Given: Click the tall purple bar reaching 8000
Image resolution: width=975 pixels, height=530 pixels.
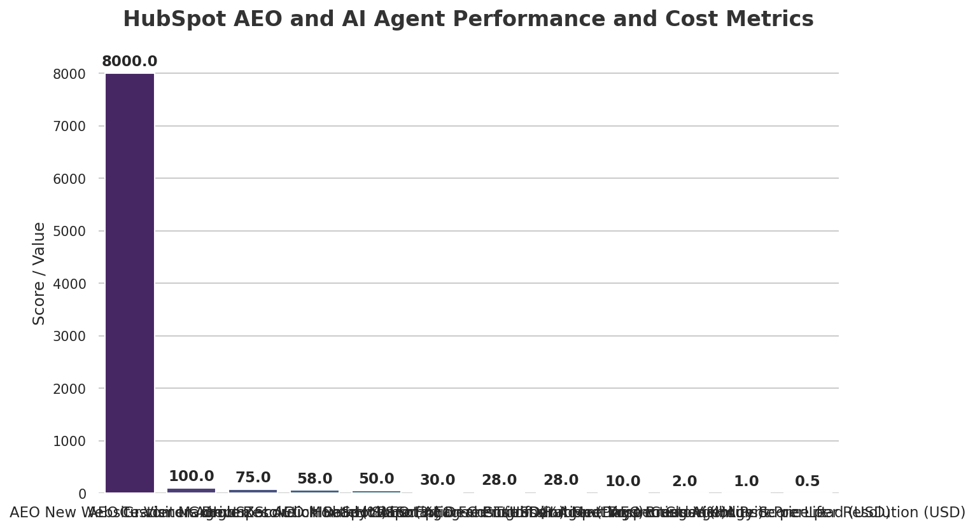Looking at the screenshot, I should point(130,283).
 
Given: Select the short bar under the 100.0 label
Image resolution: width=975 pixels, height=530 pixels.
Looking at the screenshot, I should point(191,490).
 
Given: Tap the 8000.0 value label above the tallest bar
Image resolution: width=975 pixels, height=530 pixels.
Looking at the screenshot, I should point(129,62).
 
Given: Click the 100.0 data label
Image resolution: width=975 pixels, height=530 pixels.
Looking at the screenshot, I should point(191,477).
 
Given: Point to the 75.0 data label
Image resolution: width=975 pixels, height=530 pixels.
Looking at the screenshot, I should point(253,478).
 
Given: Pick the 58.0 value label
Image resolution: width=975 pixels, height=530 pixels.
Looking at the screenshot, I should point(314,479).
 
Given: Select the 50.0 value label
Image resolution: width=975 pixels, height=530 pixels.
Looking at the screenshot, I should point(376,479).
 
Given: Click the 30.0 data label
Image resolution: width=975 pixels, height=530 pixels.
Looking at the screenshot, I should point(437,480).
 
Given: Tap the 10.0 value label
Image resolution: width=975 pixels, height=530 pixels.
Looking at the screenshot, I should point(622,482).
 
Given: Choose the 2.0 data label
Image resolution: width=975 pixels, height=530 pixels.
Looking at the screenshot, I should point(684,482).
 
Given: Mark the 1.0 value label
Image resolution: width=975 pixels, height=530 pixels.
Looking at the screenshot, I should point(746,482).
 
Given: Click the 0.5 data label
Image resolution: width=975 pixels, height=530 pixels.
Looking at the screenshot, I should point(807,482).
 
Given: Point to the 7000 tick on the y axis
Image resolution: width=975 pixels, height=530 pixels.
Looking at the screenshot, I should point(69,127).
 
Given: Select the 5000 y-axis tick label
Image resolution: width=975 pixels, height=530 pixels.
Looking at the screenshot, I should point(69,232).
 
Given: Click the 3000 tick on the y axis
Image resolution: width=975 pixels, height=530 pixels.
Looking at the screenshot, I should point(69,337).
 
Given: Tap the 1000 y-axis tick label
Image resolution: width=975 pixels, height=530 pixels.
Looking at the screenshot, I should point(69,442).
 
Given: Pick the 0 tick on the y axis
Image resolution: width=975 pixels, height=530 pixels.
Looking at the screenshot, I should point(81,494).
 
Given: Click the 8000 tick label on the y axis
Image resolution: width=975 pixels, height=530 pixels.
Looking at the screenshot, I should point(69,74).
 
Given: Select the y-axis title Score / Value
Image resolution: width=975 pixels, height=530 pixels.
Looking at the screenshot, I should point(39,274).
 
